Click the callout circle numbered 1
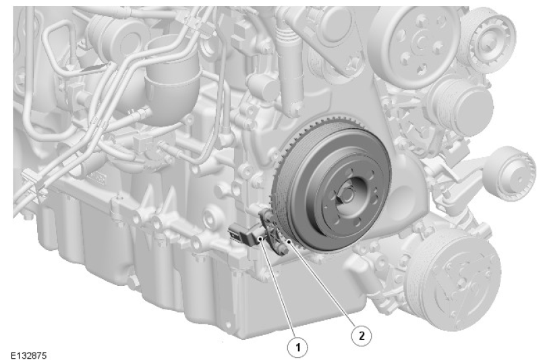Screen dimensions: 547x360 pos(297,347)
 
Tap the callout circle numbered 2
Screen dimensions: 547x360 pos(361,336)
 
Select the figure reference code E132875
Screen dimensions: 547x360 pos(28,355)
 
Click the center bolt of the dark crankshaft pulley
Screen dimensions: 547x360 pos(347,196)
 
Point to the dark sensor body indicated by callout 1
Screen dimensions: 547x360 pos(244,235)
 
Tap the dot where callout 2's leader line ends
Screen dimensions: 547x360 pos(289,241)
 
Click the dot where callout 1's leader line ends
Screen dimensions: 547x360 pos(261,238)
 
